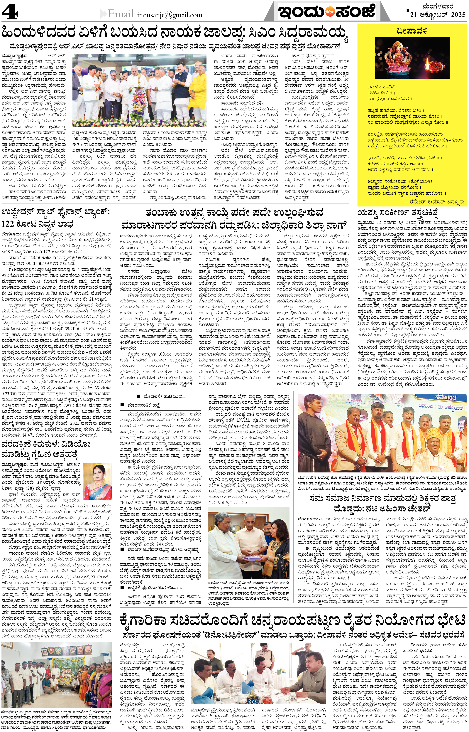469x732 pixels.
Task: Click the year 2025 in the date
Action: tap(458, 14)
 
